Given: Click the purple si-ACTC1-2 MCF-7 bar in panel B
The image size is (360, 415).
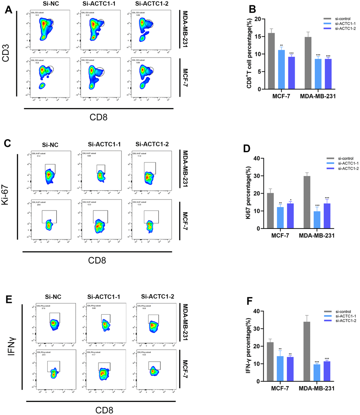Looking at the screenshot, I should (x=291, y=73).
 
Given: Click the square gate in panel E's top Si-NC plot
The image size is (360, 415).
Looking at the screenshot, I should (x=55, y=318).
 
